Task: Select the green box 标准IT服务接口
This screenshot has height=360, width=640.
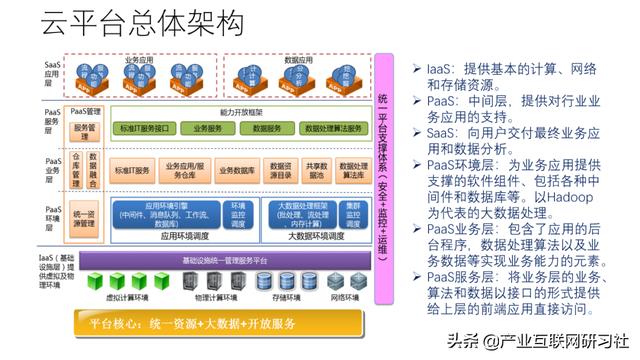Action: click(148, 129)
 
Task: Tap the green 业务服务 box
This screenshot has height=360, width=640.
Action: click(207, 129)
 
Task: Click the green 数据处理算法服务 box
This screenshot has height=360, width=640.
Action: click(332, 129)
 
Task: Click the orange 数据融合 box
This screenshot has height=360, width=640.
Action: click(94, 171)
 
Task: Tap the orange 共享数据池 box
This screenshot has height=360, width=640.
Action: click(316, 171)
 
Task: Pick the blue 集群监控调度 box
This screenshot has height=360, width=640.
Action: click(351, 212)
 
